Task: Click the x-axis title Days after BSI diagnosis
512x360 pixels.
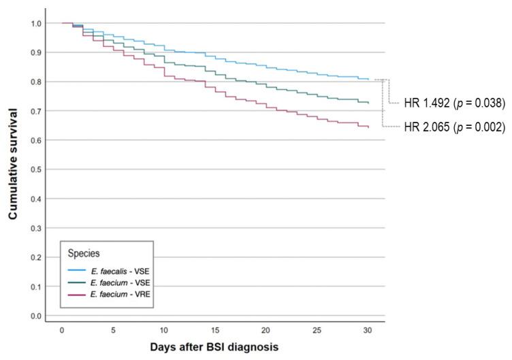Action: (215, 346)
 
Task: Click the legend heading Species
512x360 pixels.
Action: (83, 253)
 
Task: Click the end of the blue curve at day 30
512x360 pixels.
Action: (368, 80)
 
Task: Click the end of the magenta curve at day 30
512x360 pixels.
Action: (368, 127)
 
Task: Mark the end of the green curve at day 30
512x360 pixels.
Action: (368, 103)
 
